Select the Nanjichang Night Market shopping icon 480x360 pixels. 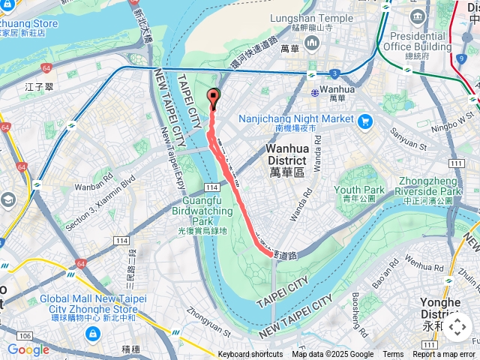point(364,121)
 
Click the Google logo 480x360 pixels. point(28,349)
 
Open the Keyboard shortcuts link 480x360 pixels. point(250,355)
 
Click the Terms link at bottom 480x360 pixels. point(393,355)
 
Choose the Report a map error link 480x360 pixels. point(444,355)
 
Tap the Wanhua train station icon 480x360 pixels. point(314,92)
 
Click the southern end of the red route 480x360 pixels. point(271,254)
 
